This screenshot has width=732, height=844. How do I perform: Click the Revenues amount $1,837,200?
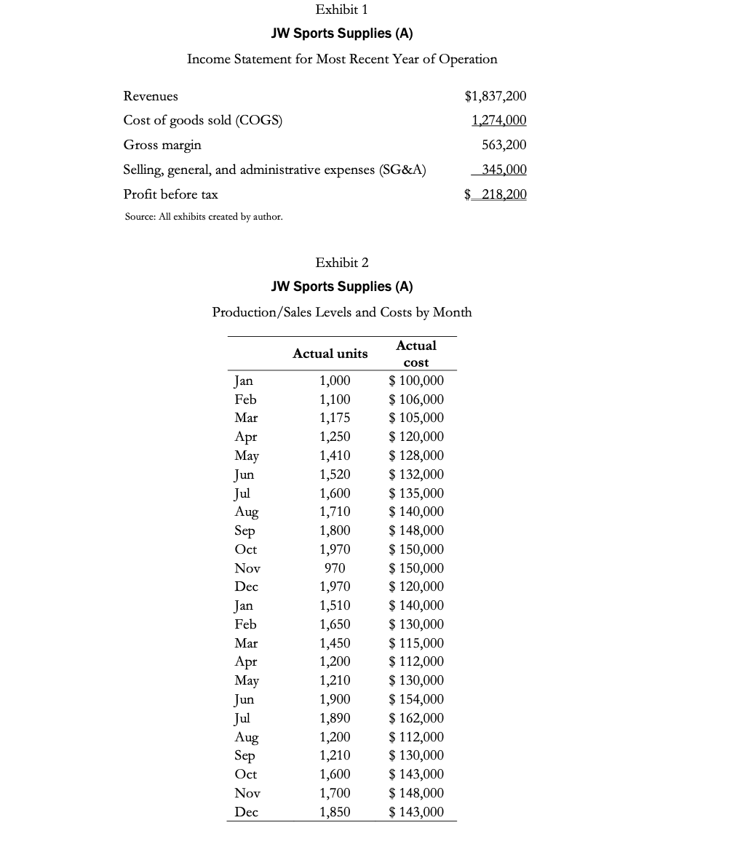coord(495,96)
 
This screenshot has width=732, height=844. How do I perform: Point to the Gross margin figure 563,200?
coord(504,145)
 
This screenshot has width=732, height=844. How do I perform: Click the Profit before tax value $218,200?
coord(496,194)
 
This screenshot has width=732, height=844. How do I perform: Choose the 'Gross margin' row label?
coord(162,145)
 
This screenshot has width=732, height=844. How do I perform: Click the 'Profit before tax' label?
coord(170,194)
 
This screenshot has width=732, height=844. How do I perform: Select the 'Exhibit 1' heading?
coord(342,9)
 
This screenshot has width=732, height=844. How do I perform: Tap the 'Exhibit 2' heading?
coord(342,262)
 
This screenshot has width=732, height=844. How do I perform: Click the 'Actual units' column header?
coord(330,354)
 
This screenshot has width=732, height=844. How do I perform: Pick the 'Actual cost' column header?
coord(415,354)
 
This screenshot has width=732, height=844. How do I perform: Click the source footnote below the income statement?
coord(204,217)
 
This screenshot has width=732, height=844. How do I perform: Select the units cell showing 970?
coord(335,568)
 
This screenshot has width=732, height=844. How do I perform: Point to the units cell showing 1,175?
coord(335,418)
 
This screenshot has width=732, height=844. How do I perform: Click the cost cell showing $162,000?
coord(416,718)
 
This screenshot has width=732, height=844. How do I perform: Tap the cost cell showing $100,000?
coord(416,381)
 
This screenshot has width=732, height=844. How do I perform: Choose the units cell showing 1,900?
coord(335,699)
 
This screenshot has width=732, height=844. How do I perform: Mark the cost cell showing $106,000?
coord(416,399)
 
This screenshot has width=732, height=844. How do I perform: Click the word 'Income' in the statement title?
coord(208,59)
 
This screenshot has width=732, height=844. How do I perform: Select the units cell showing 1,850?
coord(335,812)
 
